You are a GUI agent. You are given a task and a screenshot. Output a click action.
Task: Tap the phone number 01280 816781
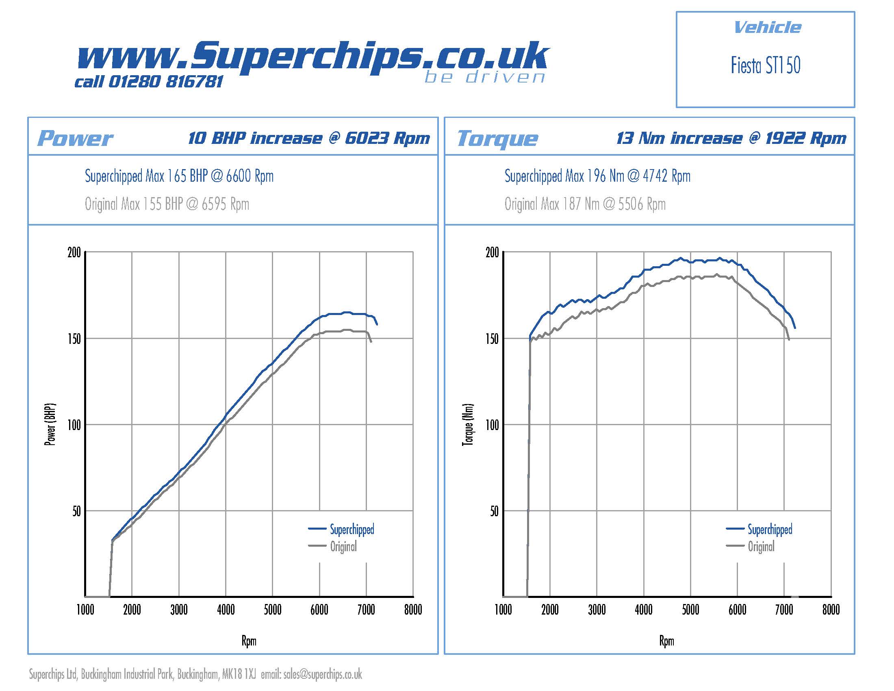(x=165, y=82)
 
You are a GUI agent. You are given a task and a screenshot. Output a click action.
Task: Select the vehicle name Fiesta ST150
(x=766, y=65)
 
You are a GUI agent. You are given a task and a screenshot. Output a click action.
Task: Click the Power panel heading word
(x=75, y=138)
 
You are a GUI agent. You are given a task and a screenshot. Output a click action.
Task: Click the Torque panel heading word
(x=497, y=138)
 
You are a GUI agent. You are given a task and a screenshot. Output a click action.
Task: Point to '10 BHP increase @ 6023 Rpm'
(x=309, y=138)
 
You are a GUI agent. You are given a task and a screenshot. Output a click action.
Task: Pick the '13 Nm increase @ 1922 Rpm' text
(x=731, y=138)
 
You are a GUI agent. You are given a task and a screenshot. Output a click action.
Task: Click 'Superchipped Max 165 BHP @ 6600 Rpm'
(x=179, y=176)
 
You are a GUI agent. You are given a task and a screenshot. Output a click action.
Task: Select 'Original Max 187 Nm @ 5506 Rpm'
(x=584, y=204)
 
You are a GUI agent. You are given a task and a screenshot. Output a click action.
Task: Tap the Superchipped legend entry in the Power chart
(x=352, y=529)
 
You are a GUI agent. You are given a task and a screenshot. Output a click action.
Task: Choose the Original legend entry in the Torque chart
(x=761, y=546)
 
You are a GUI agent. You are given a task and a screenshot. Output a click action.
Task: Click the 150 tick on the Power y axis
(x=74, y=339)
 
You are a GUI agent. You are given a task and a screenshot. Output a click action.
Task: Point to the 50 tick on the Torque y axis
(x=494, y=511)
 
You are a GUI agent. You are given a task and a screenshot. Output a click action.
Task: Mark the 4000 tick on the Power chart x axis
(x=226, y=610)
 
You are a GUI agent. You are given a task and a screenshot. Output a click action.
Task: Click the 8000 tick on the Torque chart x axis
(x=831, y=610)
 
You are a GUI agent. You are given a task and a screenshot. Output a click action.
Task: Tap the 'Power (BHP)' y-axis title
(x=50, y=424)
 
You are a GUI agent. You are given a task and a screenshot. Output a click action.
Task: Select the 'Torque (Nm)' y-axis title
(x=468, y=424)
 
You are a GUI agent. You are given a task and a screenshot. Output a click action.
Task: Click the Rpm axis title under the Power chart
(x=249, y=641)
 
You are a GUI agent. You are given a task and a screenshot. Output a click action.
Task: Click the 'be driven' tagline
(x=485, y=77)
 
